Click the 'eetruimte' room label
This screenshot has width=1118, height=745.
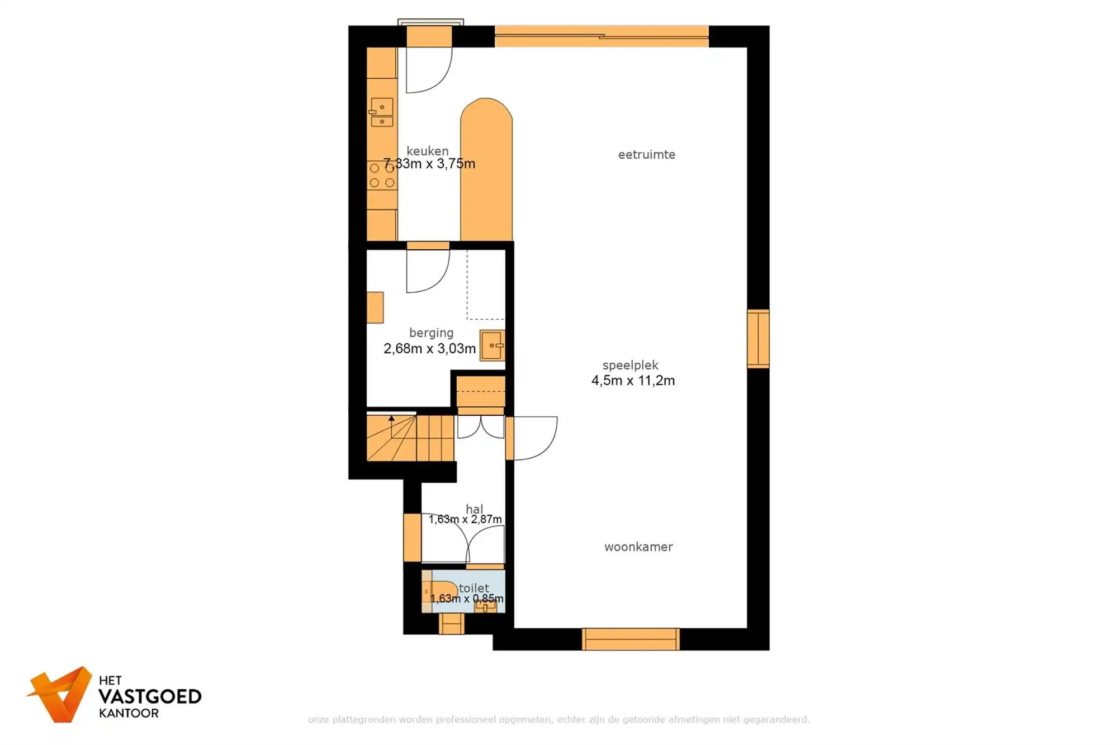[x=646, y=155]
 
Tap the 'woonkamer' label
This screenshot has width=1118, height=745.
[x=638, y=547]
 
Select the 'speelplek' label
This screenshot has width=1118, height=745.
[x=630, y=366]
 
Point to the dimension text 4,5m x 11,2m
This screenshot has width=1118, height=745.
[x=633, y=381]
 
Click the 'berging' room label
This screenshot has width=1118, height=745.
[x=431, y=333]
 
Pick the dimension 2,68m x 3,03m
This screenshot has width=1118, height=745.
[x=429, y=349]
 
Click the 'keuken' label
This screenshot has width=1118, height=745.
[x=427, y=151]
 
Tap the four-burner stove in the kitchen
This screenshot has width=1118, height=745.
[x=382, y=175]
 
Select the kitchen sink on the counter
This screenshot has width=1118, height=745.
[x=382, y=112]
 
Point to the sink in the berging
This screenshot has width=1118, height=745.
[x=492, y=345]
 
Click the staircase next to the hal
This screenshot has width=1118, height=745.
[x=409, y=438]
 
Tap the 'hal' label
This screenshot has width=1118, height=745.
[x=474, y=509]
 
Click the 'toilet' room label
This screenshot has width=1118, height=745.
[x=473, y=588]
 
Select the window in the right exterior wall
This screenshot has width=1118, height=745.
[x=758, y=339]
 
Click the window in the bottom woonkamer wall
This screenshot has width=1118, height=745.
[x=631, y=639]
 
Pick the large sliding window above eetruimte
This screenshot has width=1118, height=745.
[x=601, y=36]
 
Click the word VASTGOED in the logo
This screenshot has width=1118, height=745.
[x=150, y=697]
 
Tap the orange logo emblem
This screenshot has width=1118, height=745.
[x=61, y=694]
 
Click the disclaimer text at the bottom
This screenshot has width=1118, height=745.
[x=558, y=719]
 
